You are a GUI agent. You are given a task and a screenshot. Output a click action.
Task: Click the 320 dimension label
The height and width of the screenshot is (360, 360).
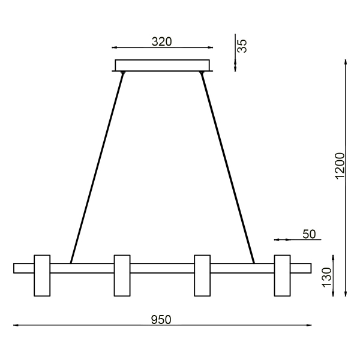click(162, 41)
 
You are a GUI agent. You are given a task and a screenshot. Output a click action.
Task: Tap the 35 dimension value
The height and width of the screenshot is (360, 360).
click(242, 46)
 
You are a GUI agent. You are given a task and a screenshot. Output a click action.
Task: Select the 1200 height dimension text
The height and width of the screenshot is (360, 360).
click(340, 164)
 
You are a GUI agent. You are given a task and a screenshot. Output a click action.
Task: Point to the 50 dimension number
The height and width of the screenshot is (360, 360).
click(308, 234)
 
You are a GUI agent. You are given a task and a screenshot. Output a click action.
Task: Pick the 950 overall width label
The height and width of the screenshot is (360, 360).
click(162, 319)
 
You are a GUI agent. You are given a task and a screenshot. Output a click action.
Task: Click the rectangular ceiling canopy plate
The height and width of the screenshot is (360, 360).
click(162, 65)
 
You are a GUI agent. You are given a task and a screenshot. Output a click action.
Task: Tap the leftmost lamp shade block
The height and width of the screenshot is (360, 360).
click(42, 275)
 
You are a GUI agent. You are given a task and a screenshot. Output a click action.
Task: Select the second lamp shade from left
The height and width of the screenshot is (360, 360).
click(122, 275)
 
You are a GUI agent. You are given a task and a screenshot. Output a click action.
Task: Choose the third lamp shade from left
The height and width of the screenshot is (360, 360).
click(202, 275)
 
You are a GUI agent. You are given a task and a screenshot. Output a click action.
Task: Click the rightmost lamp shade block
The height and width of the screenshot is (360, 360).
click(283, 275)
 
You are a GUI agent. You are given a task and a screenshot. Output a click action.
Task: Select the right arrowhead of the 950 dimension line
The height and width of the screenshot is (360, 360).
click(310, 326)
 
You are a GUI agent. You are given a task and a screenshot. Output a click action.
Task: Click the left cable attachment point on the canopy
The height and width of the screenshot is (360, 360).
click(123, 73)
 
